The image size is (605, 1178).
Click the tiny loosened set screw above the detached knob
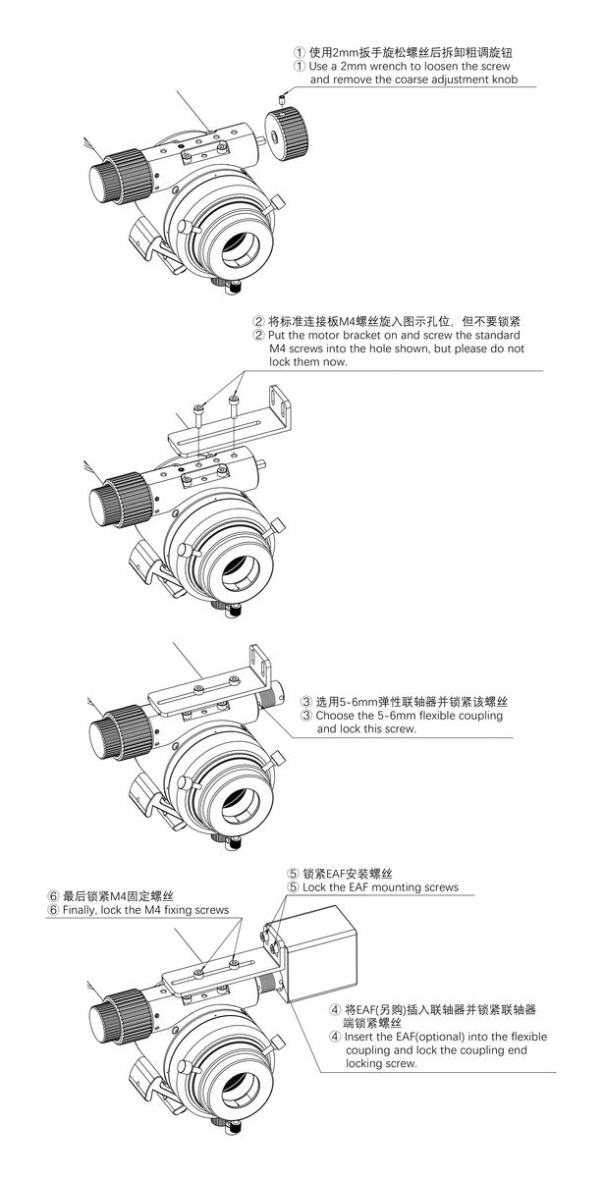coord(282,98)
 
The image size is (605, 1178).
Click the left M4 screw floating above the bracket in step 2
coord(198,415)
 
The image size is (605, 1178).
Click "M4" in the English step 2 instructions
coord(278,348)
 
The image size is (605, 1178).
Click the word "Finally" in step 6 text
coord(80,910)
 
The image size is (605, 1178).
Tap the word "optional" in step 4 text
coord(443,1037)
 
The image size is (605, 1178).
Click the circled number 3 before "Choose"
coord(306,716)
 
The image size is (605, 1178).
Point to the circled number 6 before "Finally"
coord(53,910)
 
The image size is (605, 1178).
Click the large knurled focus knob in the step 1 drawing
coord(120,176)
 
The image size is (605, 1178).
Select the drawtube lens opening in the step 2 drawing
coord(241,577)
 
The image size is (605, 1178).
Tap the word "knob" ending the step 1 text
coord(505,80)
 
